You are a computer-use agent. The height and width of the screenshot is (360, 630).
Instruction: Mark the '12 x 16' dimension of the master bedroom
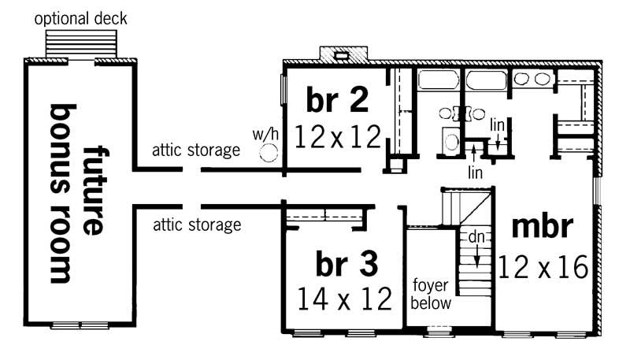543,267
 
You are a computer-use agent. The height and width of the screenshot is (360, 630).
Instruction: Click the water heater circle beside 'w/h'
270,150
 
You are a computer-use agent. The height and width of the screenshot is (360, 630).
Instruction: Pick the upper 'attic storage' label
196,150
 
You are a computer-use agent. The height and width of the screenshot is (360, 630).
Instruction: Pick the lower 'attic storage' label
196,226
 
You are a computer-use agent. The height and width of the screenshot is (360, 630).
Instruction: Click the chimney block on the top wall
343,55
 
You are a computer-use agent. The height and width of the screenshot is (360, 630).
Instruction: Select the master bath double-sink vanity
533,79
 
